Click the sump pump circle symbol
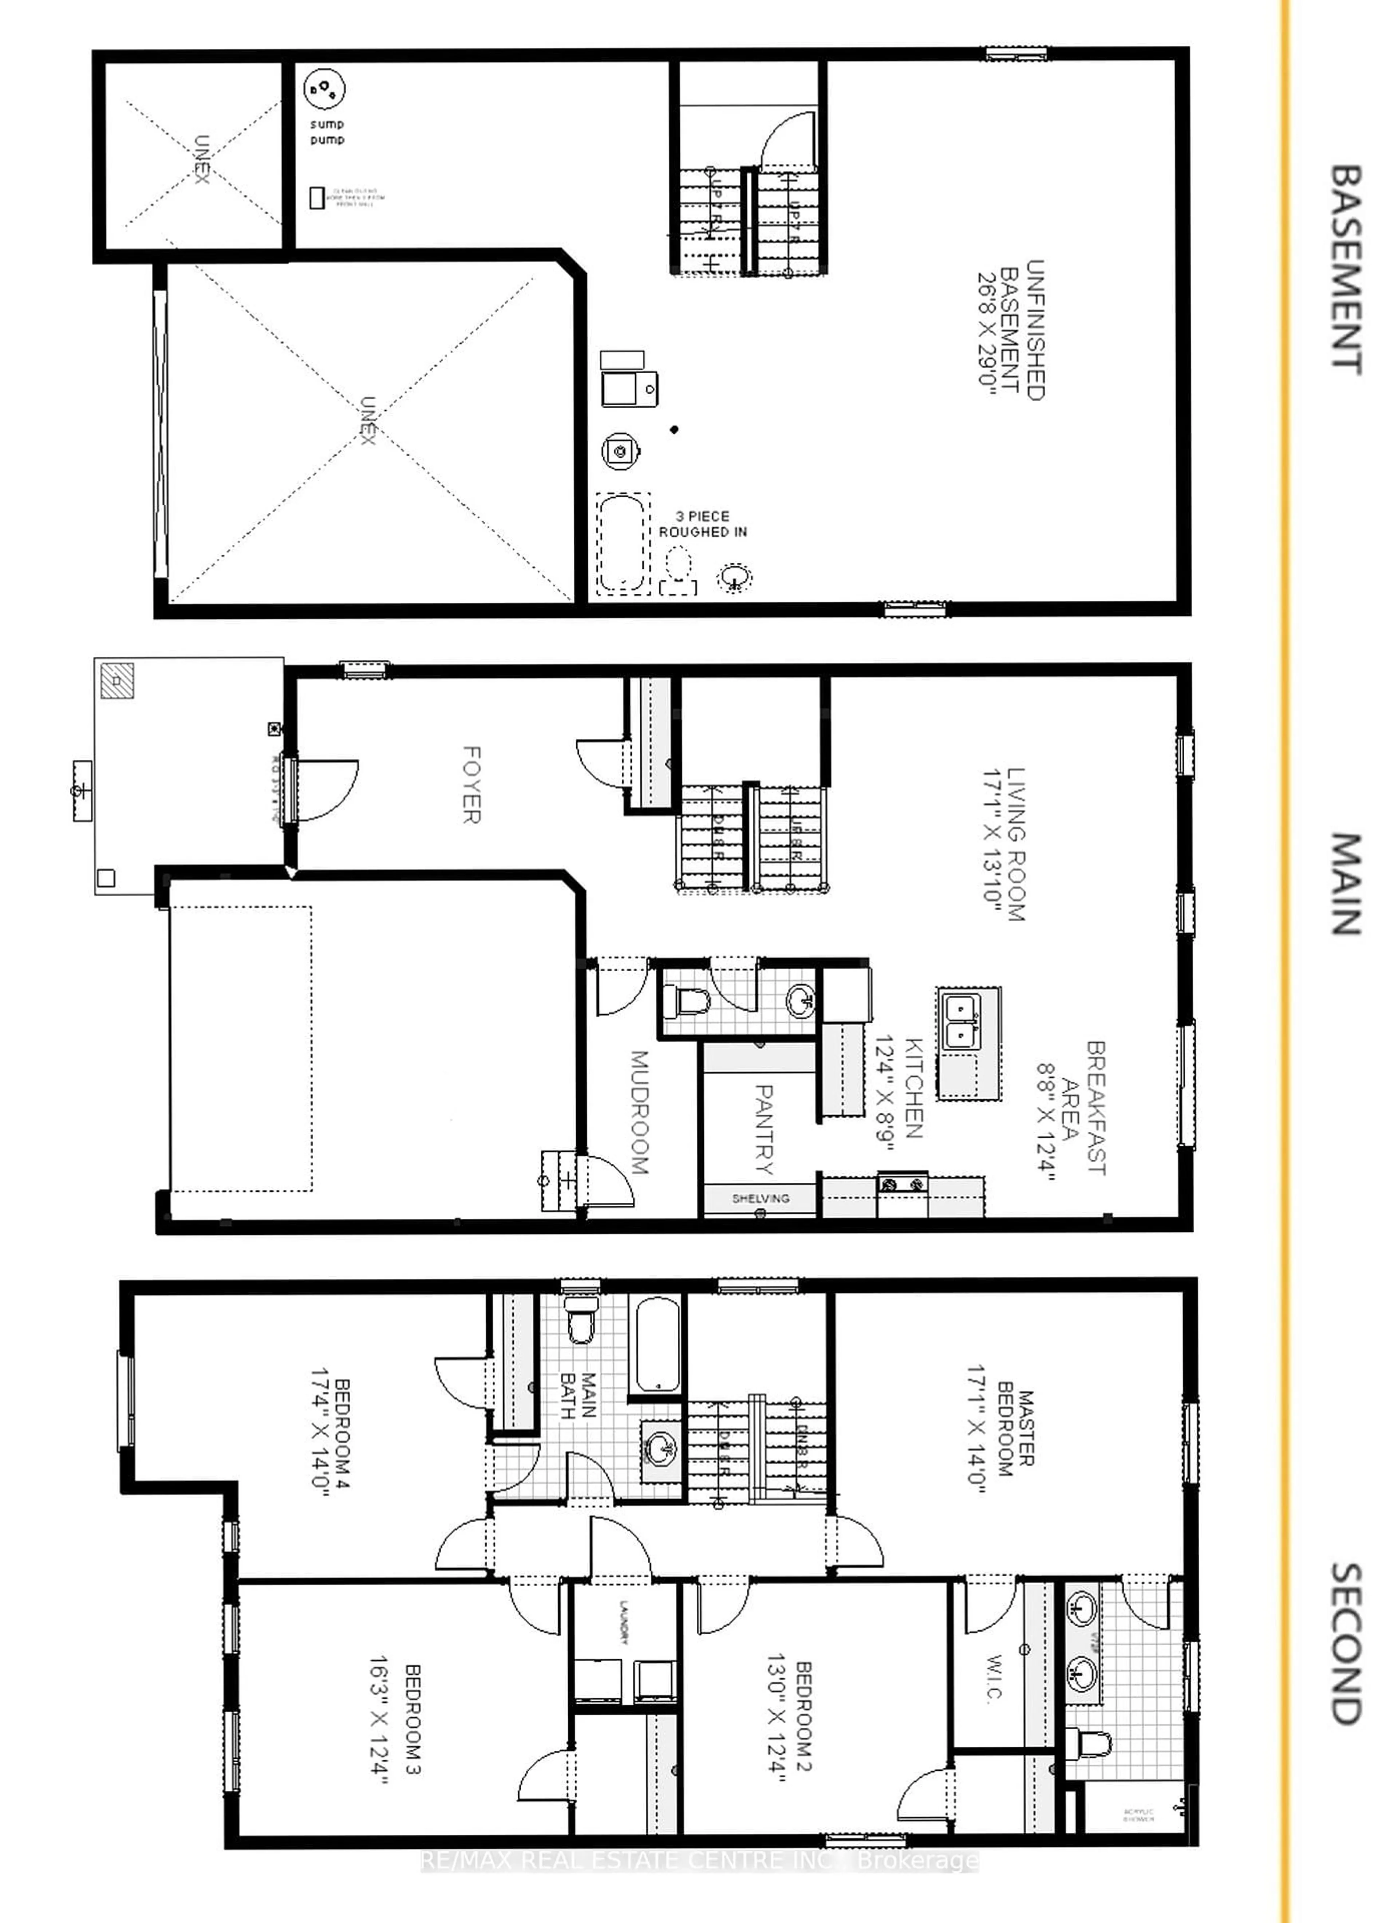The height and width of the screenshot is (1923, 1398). tap(324, 89)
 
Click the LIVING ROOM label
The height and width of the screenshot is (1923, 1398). tap(1004, 844)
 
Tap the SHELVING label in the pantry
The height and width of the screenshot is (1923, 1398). tap(761, 1198)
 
